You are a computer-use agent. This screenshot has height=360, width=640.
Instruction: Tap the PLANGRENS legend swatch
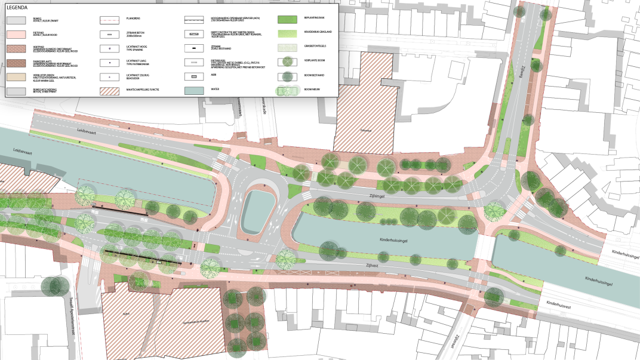[x=109, y=20]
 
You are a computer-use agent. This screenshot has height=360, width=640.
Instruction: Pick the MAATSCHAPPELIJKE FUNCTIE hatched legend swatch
[x=109, y=90]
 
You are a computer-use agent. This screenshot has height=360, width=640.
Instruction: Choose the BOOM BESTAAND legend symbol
[x=288, y=76]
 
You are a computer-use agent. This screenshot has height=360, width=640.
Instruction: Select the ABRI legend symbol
[x=195, y=76]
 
